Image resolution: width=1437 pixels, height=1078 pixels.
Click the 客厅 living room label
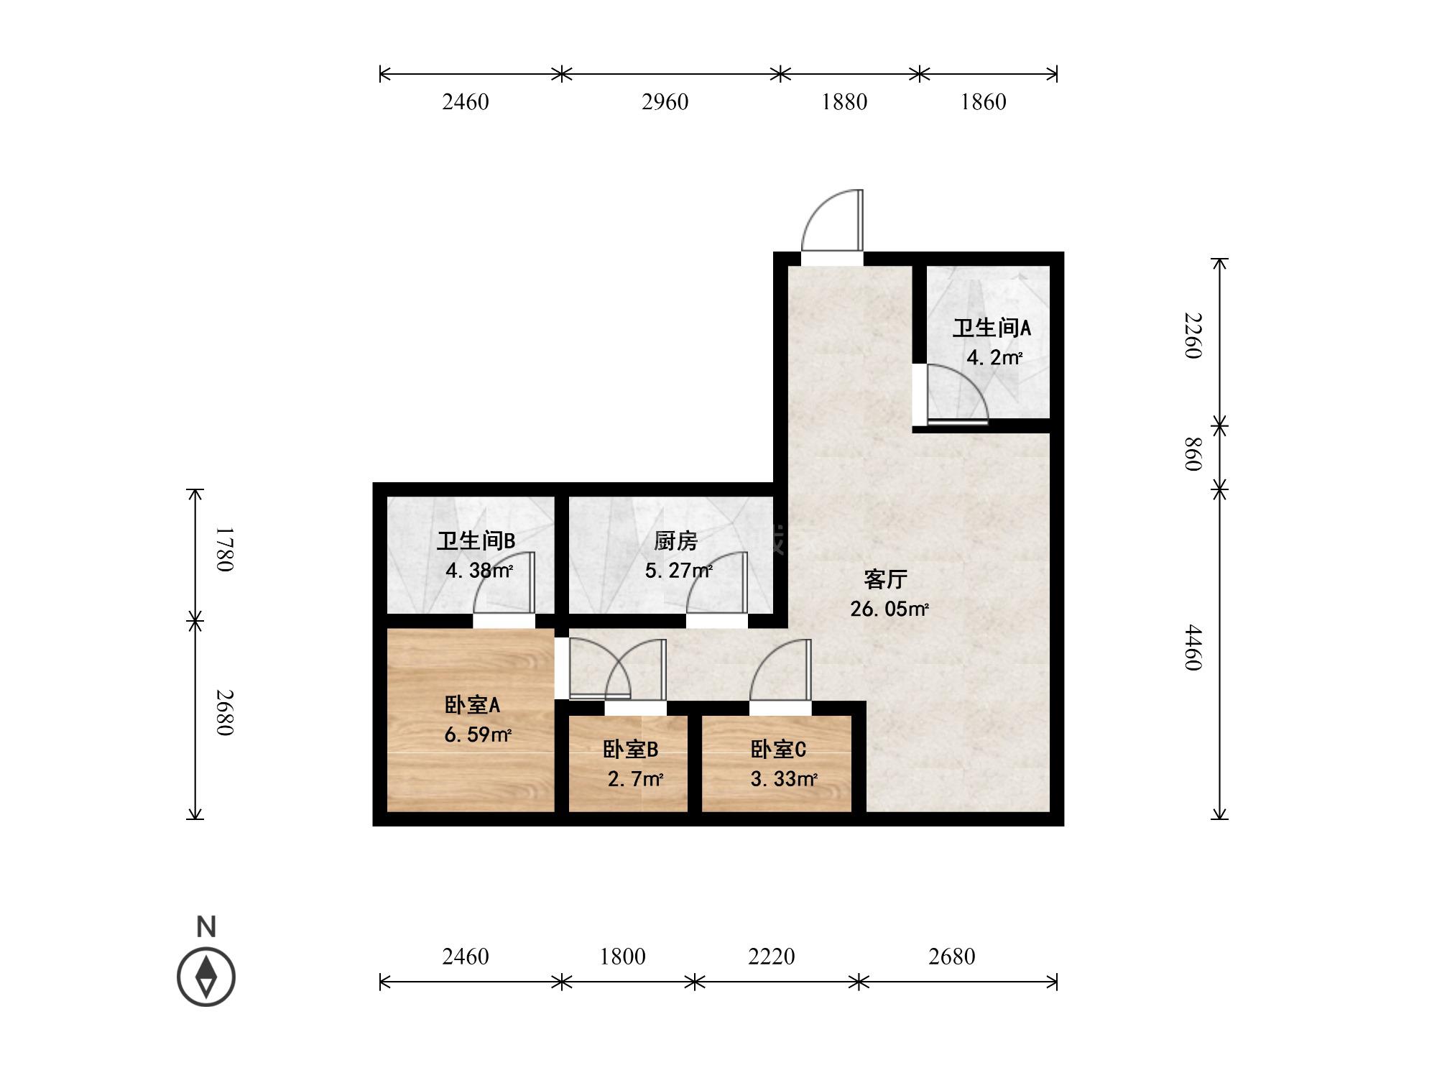click(x=885, y=579)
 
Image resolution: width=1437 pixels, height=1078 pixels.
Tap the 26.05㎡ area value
click(x=890, y=609)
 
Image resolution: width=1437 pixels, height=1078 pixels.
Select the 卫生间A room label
click(x=992, y=328)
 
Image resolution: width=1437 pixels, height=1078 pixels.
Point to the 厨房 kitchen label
click(x=675, y=540)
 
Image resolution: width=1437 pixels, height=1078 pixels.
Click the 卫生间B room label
click(x=476, y=540)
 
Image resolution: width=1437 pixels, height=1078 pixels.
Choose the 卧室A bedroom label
click(x=472, y=705)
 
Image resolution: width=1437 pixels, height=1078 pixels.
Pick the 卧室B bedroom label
click(x=630, y=750)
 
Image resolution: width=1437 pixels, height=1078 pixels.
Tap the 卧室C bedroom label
click(x=778, y=750)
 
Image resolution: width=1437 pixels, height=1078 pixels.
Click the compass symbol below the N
click(x=206, y=977)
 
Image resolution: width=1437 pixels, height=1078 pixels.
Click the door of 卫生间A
click(x=958, y=395)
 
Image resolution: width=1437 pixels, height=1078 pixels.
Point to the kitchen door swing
click(x=717, y=582)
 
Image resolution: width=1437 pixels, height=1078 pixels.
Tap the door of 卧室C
click(x=780, y=670)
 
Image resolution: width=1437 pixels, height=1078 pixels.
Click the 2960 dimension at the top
click(x=665, y=102)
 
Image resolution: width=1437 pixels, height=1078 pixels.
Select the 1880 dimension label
click(x=844, y=102)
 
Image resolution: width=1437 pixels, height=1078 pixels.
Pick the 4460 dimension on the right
click(x=1193, y=647)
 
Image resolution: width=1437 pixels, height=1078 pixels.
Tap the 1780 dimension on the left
click(x=224, y=549)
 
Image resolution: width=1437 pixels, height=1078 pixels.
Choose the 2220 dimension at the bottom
click(x=772, y=957)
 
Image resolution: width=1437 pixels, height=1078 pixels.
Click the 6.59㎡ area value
click(x=478, y=735)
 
